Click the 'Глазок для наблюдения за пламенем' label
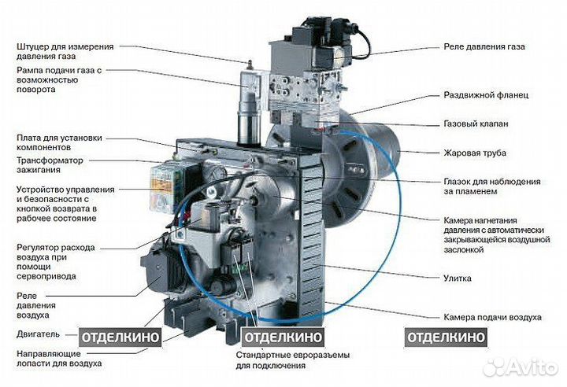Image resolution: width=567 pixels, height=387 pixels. (489, 185)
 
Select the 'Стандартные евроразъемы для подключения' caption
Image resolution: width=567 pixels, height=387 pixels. (280, 361)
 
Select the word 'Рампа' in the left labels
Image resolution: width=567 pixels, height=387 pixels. (31, 71)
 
